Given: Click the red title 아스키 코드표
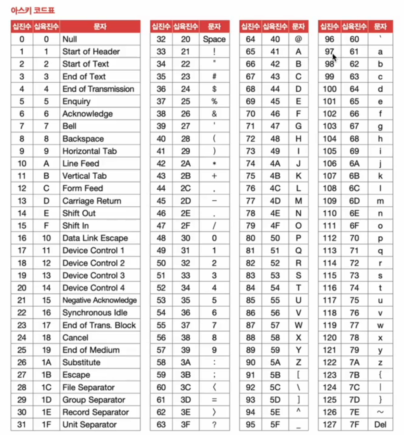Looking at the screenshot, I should point(33,10).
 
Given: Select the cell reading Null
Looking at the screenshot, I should point(70,39).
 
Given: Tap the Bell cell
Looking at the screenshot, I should point(69,126).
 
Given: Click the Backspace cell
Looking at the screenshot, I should point(83,139).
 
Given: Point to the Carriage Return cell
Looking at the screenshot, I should point(92,201).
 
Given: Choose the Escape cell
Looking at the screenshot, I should point(76,375).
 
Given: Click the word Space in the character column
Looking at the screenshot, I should point(214,39).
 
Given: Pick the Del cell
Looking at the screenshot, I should point(380,425).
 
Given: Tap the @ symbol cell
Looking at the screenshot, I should point(298,39).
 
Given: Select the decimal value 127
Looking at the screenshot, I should point(329,425).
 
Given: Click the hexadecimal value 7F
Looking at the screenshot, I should point(354,425).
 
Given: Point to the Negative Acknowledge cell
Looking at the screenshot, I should point(100,300).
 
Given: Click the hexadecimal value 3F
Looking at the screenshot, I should point(185,425).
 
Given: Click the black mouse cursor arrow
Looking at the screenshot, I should point(334,57).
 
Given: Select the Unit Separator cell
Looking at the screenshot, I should point(89,425).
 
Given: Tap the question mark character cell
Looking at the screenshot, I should point(214,425).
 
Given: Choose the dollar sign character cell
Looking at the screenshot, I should point(214,89).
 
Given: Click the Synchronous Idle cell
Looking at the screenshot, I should point(95,313).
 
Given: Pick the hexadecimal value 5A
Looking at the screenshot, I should point(275,362).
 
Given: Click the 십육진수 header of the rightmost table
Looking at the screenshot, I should point(354,27).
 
